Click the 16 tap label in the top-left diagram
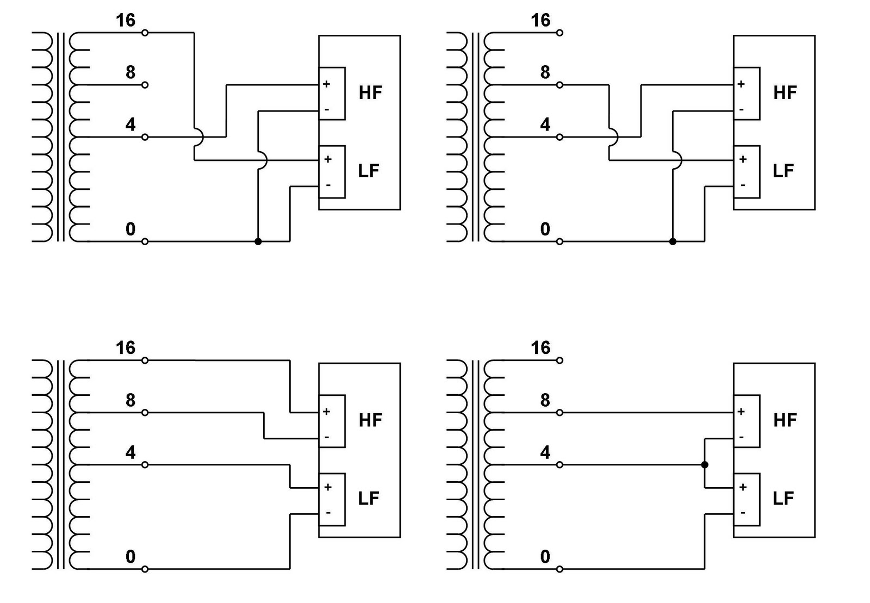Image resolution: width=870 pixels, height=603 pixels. tap(125, 21)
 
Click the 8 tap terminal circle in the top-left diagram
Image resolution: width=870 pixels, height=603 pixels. tap(145, 85)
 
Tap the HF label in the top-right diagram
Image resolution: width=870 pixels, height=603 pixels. tap(785, 93)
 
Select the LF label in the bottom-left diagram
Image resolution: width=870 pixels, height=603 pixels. tap(369, 499)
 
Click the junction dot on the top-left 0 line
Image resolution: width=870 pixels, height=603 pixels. tap(258, 241)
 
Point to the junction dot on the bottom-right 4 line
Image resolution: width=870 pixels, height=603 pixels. tap(705, 465)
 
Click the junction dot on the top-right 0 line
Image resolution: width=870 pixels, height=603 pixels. tap(673, 241)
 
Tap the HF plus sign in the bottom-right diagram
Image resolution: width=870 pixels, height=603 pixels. tap(741, 412)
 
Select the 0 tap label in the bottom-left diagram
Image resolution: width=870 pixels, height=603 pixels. tap(130, 557)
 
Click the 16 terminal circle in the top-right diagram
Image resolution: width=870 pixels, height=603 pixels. tap(560, 33)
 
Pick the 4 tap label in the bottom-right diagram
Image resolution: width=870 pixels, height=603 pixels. tap(545, 452)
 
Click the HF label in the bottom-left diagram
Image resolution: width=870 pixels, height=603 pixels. tap(370, 420)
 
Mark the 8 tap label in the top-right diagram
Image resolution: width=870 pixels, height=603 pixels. tap(545, 72)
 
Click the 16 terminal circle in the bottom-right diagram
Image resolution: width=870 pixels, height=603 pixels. tap(560, 360)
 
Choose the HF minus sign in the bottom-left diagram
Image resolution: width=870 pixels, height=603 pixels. tap(327, 437)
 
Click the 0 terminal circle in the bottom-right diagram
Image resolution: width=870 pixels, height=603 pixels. tap(560, 569)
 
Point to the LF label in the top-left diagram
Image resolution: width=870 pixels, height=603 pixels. tap(369, 171)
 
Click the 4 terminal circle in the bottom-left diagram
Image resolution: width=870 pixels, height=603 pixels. tap(145, 465)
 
